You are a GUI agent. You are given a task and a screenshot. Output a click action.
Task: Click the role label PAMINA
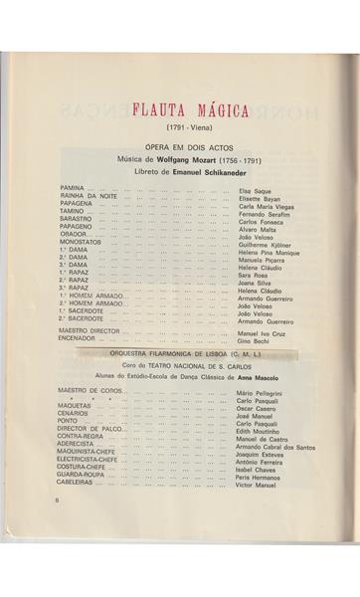click(72, 186)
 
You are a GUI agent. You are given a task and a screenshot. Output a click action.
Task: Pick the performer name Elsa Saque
click(257, 186)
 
